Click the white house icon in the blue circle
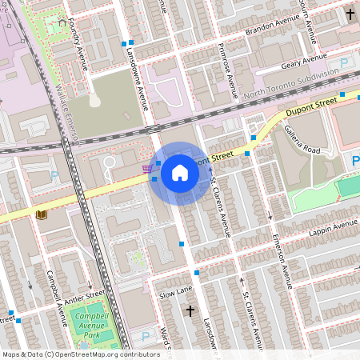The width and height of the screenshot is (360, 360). click(x=180, y=173)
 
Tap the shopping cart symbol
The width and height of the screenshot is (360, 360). click(x=146, y=168)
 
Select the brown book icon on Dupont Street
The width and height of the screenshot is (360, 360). click(x=41, y=215)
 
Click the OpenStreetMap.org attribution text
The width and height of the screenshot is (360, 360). click(x=103, y=354)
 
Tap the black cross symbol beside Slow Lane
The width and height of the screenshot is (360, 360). click(x=190, y=310)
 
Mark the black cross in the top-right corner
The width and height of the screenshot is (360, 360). click(x=350, y=14)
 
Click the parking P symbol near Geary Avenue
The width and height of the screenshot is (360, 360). click(x=345, y=62)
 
